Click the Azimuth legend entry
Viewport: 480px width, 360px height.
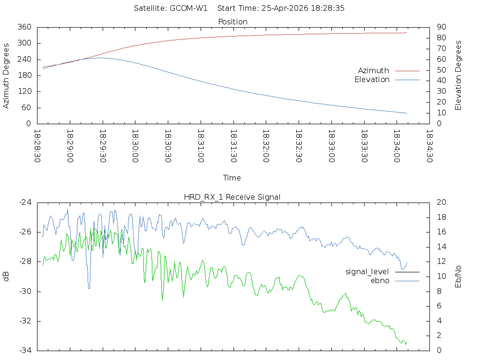click(374, 70)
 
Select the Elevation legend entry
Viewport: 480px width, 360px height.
click(372, 80)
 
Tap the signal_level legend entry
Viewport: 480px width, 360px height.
click(367, 271)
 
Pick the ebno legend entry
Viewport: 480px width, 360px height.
click(380, 280)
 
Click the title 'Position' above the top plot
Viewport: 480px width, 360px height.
click(233, 22)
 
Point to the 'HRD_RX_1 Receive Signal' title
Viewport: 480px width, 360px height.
click(232, 197)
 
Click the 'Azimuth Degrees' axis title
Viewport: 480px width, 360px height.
click(6, 75)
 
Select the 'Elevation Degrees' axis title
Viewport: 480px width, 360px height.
click(458, 75)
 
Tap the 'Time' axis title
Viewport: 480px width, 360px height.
click(232, 178)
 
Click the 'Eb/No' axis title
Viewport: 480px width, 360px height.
click(458, 276)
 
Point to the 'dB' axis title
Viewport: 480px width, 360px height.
click(6, 277)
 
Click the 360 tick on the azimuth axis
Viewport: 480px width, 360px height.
click(24, 27)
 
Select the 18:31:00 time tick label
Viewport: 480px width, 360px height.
click(201, 146)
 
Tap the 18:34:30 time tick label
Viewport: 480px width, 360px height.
click(429, 146)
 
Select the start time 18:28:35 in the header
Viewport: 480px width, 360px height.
click(330, 8)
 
